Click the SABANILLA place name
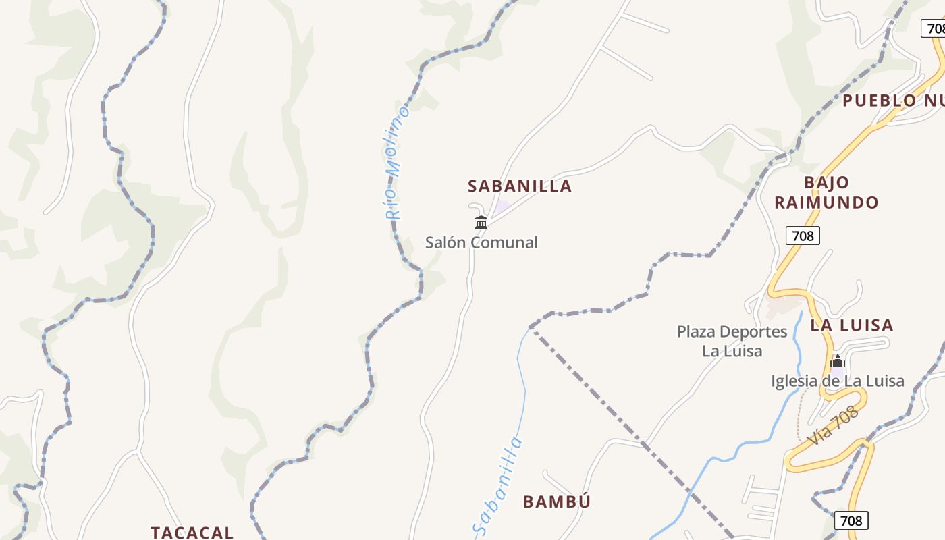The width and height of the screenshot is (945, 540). coord(520,186)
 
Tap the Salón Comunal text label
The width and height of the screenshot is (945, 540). coord(481,242)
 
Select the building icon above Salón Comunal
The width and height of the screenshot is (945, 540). coord(481,222)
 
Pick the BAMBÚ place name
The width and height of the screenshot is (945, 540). coord(557,502)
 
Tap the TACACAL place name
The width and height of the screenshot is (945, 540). coord(192,532)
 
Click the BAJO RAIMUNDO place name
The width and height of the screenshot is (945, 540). coord(826,192)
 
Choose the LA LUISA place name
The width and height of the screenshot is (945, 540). coord(852,325)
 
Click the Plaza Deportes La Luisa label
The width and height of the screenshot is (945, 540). coord(732,341)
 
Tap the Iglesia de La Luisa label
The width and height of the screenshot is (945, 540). coord(838,381)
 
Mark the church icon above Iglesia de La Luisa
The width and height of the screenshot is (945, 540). coord(838,362)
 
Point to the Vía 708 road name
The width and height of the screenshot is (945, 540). coord(834,425)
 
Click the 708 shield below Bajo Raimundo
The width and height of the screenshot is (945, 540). coord(803,236)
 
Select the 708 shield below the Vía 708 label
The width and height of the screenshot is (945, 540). coord(851,520)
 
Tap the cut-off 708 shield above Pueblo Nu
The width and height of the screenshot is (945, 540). coord(934,28)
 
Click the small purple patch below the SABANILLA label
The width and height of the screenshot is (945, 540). coord(502,207)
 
